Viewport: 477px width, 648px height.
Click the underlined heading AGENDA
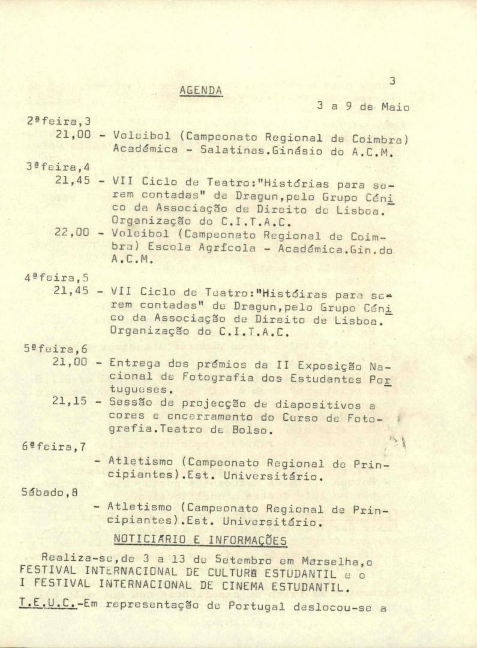tap(201, 91)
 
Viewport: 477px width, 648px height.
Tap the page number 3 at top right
tap(392, 81)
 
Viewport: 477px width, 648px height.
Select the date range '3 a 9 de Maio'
tap(363, 107)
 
